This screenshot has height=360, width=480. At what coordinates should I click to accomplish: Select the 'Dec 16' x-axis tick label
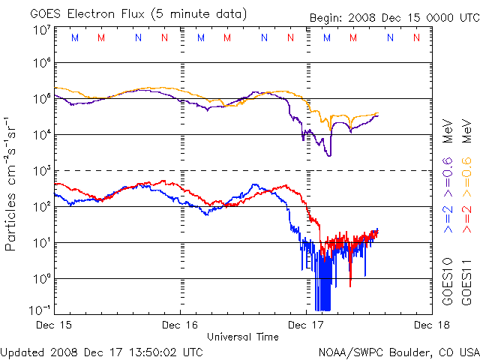pos(181,325)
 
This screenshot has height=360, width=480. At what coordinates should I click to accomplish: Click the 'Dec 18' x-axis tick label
pos(430,325)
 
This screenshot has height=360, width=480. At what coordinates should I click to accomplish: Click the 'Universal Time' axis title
pos(243,337)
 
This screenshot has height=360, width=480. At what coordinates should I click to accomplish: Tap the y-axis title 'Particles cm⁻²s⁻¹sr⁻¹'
pos(12,183)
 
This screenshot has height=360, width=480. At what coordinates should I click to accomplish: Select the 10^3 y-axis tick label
pos(42,170)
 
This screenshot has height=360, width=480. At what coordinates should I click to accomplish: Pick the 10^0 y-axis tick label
pos(42,278)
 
